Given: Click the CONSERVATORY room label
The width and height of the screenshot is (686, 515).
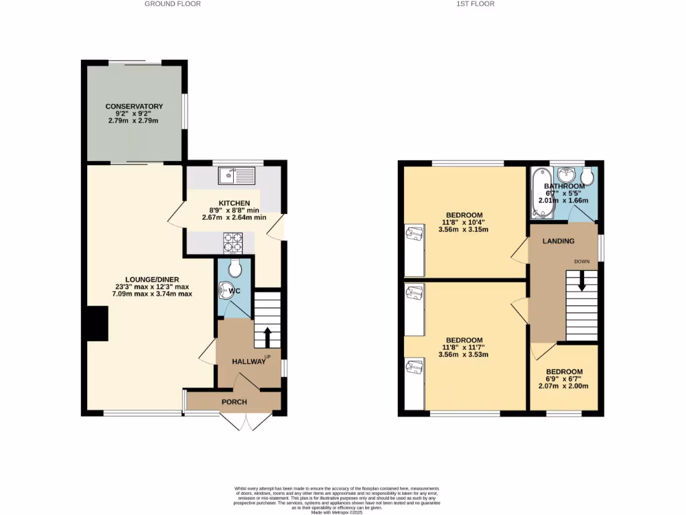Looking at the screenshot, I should pyautogui.click(x=134, y=107).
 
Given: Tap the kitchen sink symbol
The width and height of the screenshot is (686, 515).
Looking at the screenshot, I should pyautogui.click(x=235, y=176).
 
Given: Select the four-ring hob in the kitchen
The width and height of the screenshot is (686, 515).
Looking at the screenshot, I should pyautogui.click(x=232, y=240).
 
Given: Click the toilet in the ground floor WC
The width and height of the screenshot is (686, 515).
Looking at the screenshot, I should pyautogui.click(x=234, y=269).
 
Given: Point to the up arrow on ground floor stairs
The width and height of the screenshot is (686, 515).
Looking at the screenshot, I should pyautogui.click(x=267, y=335).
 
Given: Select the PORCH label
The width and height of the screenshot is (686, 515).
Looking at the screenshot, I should pyautogui.click(x=234, y=402).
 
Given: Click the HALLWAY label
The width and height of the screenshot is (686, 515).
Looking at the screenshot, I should pyautogui.click(x=249, y=361).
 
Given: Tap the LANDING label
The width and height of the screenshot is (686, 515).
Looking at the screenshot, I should pyautogui.click(x=558, y=241).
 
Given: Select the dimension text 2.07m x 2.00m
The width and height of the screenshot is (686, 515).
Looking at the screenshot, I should pyautogui.click(x=563, y=386).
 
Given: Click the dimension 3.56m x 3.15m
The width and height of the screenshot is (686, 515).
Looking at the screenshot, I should pyautogui.click(x=463, y=229).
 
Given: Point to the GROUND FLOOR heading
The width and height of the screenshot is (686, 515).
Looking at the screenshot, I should pyautogui.click(x=172, y=4).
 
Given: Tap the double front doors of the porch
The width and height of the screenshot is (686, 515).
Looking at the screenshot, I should pyautogui.click(x=239, y=422).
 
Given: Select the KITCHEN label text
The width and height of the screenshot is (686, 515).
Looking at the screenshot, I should pyautogui.click(x=234, y=203).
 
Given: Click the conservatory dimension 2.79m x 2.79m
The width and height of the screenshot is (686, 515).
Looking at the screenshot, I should pyautogui.click(x=133, y=121).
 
